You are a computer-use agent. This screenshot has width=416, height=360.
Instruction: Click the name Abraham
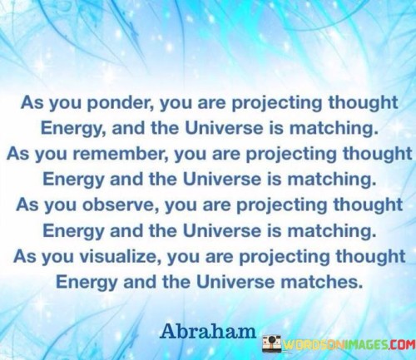click(x=208, y=331)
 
